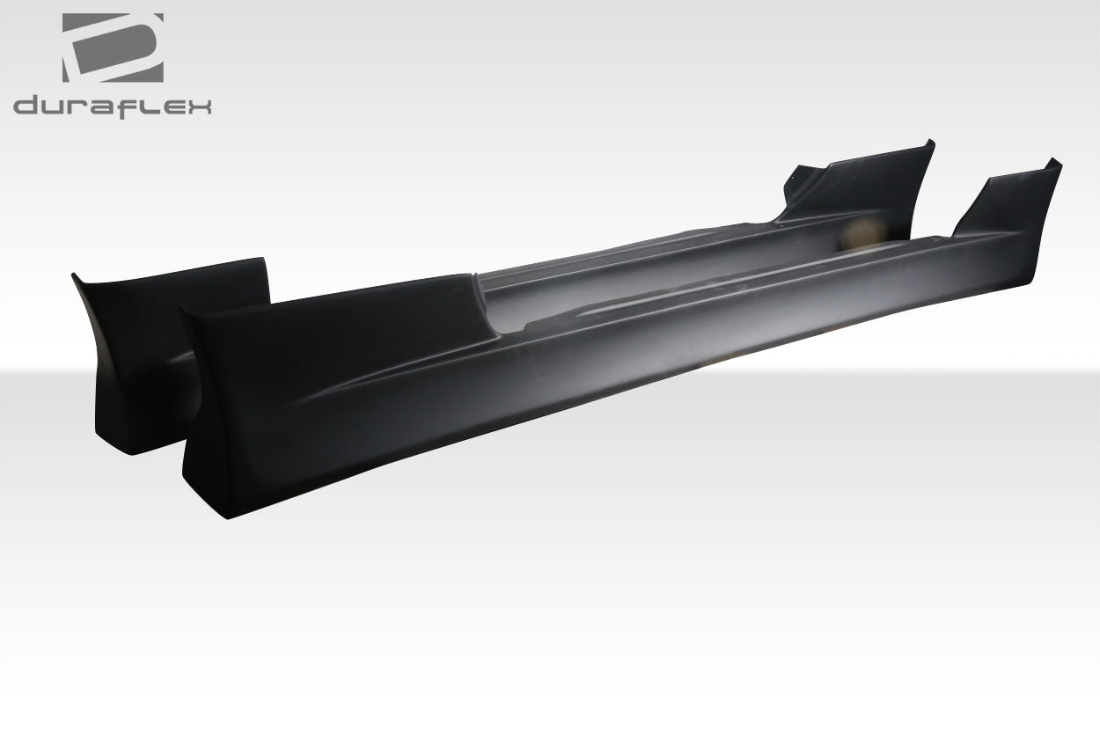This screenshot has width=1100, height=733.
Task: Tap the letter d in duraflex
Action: click(x=27, y=106)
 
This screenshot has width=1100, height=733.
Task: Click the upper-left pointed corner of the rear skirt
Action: click(x=73, y=275)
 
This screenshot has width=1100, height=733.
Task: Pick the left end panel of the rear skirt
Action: click(x=132, y=352)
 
